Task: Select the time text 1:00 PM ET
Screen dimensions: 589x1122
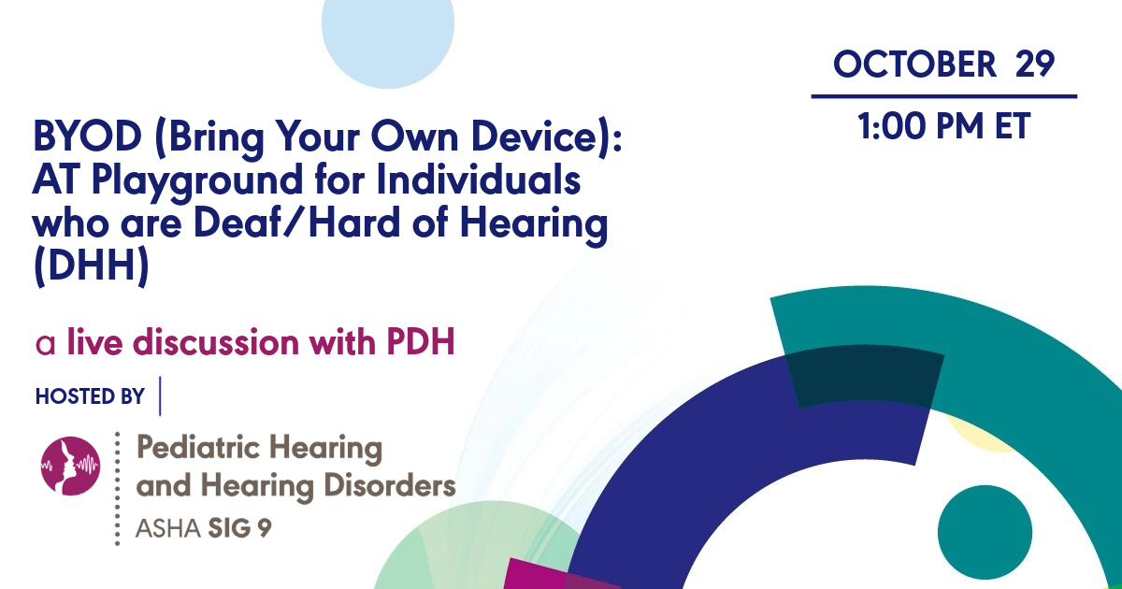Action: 943,126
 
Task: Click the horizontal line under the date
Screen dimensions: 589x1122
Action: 943,95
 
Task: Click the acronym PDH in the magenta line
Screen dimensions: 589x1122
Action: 420,343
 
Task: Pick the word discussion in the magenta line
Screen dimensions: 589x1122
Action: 217,343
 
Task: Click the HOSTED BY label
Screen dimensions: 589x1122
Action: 90,396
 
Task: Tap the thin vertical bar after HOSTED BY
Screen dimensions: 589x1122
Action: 161,395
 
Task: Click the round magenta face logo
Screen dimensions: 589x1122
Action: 71,466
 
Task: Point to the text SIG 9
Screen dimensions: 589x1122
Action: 244,528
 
